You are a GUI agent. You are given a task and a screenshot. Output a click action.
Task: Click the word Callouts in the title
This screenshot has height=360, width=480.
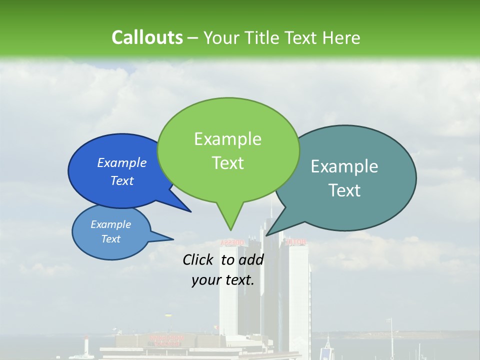click(x=147, y=37)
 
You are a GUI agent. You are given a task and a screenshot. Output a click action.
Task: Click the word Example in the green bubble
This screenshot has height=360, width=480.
click(x=227, y=139)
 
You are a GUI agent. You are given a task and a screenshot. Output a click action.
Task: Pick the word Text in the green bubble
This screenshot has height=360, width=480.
click(x=227, y=163)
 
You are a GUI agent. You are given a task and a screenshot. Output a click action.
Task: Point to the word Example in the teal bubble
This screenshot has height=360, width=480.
click(x=344, y=166)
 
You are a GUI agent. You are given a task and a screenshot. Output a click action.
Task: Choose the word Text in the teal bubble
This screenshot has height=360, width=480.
click(x=344, y=190)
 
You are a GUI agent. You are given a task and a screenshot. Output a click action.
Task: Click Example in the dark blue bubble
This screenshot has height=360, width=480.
click(x=122, y=162)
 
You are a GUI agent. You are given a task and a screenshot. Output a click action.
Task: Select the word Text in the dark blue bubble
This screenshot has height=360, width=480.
click(x=122, y=180)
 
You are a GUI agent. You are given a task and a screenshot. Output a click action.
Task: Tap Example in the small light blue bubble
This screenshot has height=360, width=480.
click(x=110, y=224)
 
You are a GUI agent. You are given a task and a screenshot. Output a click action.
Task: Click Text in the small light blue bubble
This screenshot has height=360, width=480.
click(x=110, y=239)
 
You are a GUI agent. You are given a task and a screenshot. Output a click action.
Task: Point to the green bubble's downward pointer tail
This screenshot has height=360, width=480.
click(x=230, y=220)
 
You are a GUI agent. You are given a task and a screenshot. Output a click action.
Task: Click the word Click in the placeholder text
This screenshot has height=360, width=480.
click(x=198, y=259)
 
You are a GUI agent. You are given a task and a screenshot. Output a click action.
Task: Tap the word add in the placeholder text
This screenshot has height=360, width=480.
click(x=251, y=259)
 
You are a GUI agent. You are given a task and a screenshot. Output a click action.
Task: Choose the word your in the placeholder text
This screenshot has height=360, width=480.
click(x=206, y=280)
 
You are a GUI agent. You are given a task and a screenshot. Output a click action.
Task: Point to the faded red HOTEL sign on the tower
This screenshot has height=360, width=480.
click(x=295, y=242)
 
